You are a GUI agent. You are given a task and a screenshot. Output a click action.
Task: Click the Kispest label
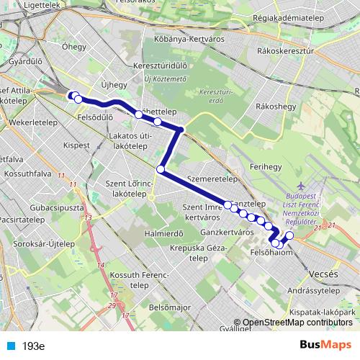76,145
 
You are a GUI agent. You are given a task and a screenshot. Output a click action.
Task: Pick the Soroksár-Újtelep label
36,243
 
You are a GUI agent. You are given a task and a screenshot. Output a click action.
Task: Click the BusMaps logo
325,345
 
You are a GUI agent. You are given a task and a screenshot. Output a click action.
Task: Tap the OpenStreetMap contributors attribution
295,322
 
